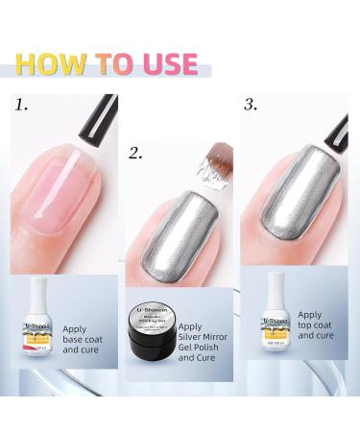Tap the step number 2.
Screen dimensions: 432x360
pyautogui.click(x=137, y=152)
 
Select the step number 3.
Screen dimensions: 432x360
pyautogui.click(x=252, y=105)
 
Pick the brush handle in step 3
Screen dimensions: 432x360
pyautogui.click(x=339, y=125)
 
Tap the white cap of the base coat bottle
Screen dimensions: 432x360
pyautogui.click(x=36, y=293)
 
